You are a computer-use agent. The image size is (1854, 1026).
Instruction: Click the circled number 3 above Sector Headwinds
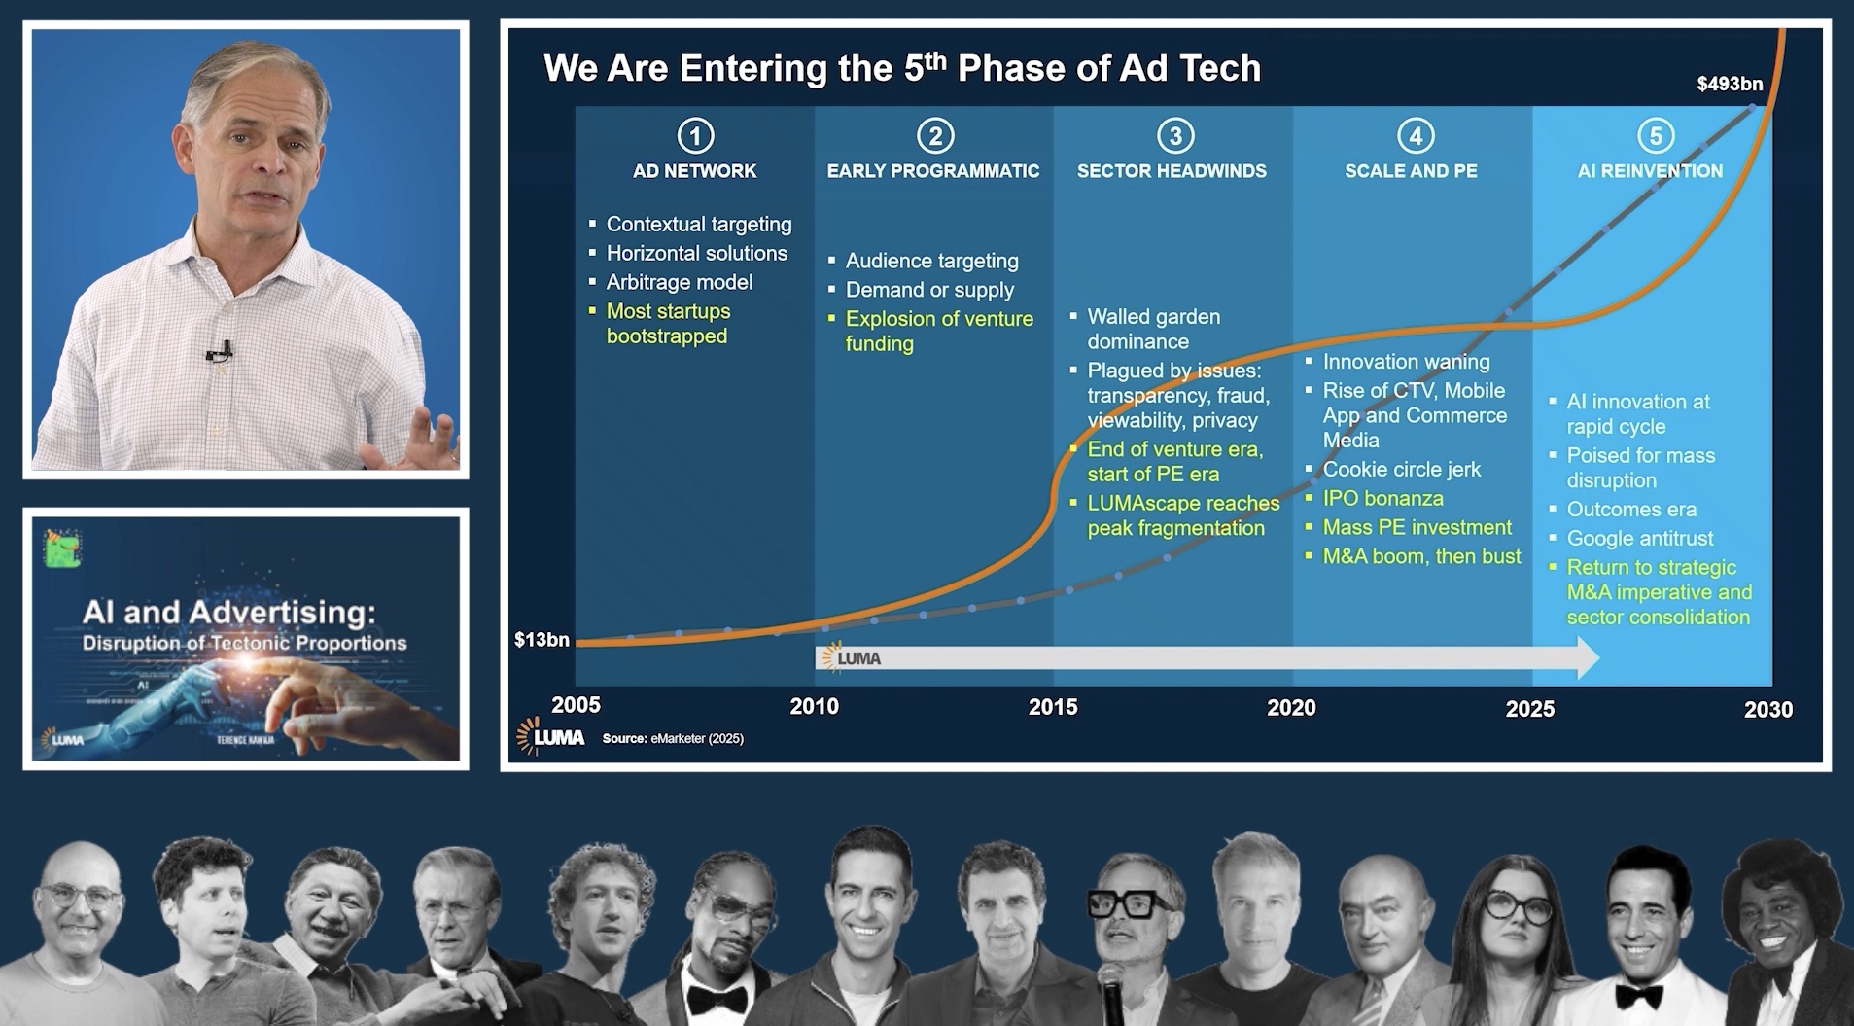pyautogui.click(x=1174, y=136)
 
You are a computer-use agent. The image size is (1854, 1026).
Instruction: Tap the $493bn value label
pyautogui.click(x=1729, y=84)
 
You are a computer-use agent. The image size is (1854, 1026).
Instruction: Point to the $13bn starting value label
pyautogui.click(x=542, y=640)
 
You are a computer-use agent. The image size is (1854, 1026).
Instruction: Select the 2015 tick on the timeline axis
pyautogui.click(x=1053, y=707)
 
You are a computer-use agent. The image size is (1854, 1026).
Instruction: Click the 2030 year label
pyautogui.click(x=1767, y=710)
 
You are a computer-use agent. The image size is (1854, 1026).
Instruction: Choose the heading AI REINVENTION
pyautogui.click(x=1650, y=171)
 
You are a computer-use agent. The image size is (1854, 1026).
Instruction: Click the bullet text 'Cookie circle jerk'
pyautogui.click(x=1401, y=470)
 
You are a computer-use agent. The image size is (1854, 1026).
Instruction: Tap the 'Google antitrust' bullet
pyautogui.click(x=1639, y=539)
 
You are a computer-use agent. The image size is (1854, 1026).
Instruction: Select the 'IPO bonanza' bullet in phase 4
pyautogui.click(x=1382, y=499)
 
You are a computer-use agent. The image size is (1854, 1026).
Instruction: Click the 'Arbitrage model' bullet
pyautogui.click(x=679, y=282)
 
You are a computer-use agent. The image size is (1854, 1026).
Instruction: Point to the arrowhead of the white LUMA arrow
pyautogui.click(x=1587, y=658)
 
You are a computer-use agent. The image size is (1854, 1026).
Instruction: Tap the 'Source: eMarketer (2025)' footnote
pyautogui.click(x=673, y=739)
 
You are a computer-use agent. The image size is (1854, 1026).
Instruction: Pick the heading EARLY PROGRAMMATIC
pyautogui.click(x=932, y=171)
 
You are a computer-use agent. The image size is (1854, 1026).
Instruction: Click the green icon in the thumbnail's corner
pyautogui.click(x=61, y=548)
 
